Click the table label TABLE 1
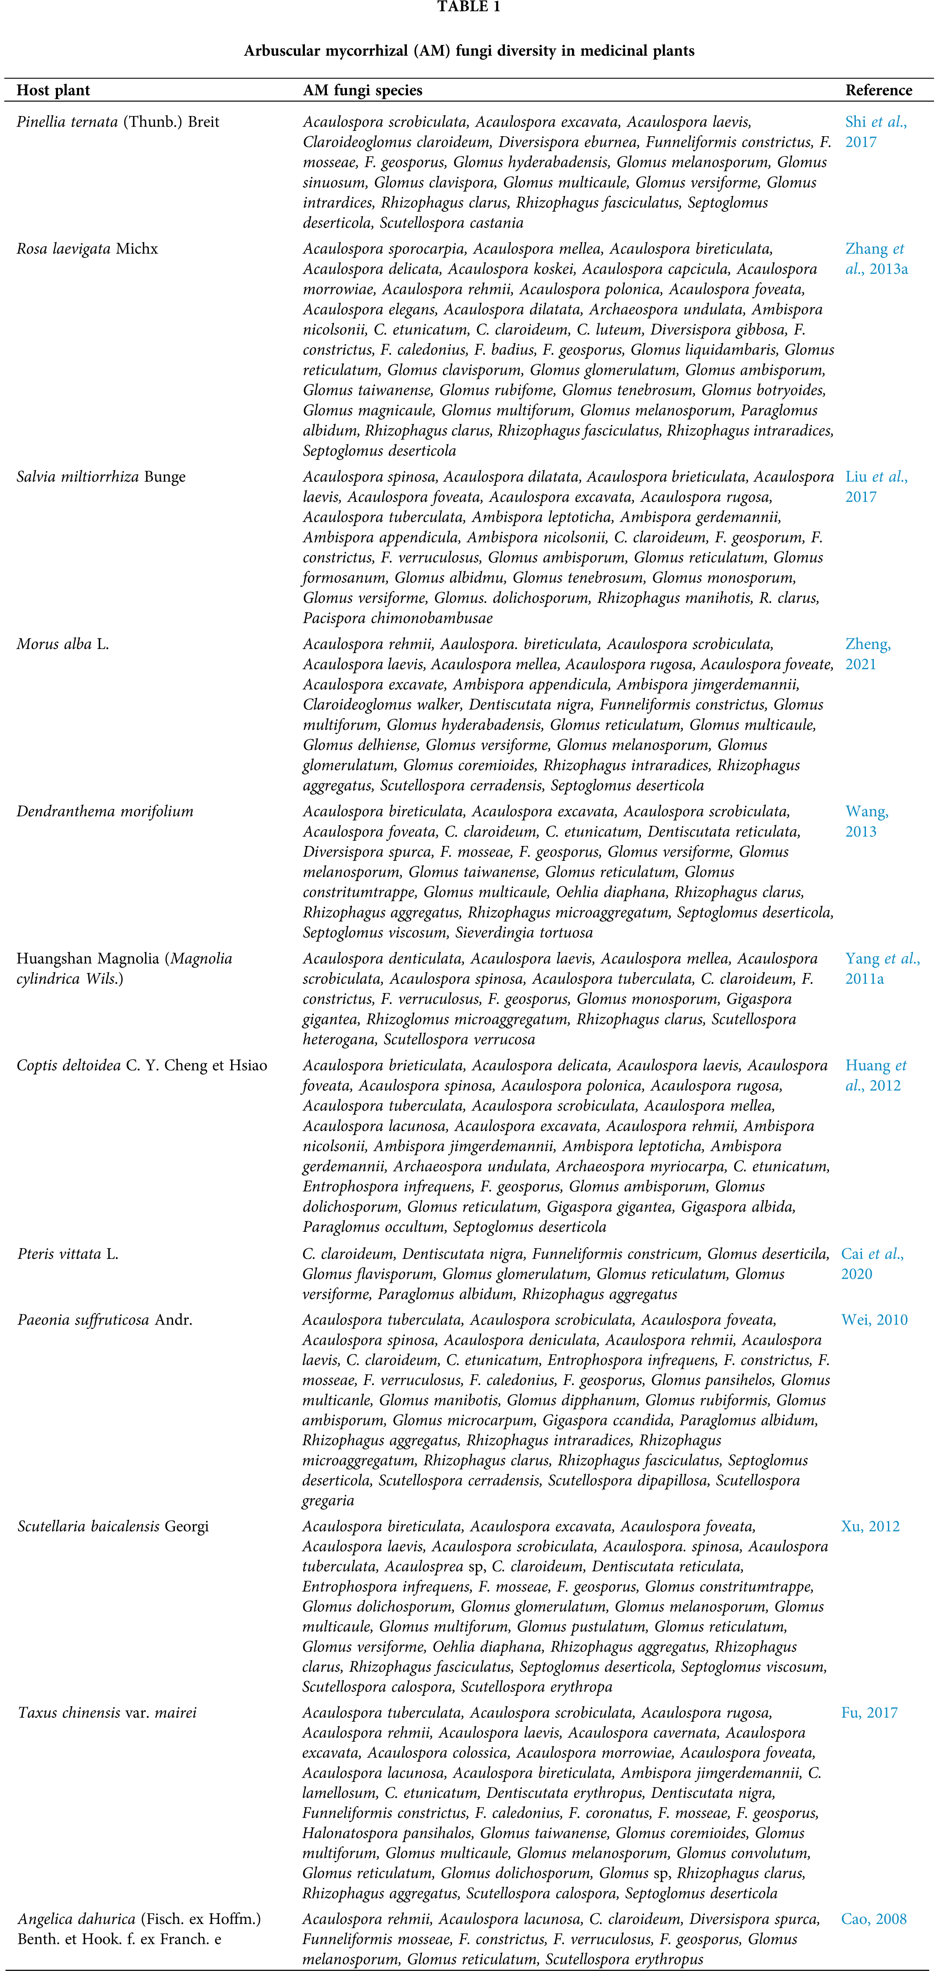pos(468,7)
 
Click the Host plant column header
pos(54,90)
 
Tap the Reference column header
pos(878,90)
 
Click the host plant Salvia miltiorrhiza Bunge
pos(101,477)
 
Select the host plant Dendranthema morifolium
pos(105,811)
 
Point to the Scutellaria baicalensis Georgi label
pos(112,1526)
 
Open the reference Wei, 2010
pos(874,1320)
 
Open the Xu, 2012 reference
pos(870,1526)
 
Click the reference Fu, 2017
pos(869,1713)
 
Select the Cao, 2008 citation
pos(873,1919)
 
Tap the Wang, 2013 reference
pos(866,821)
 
